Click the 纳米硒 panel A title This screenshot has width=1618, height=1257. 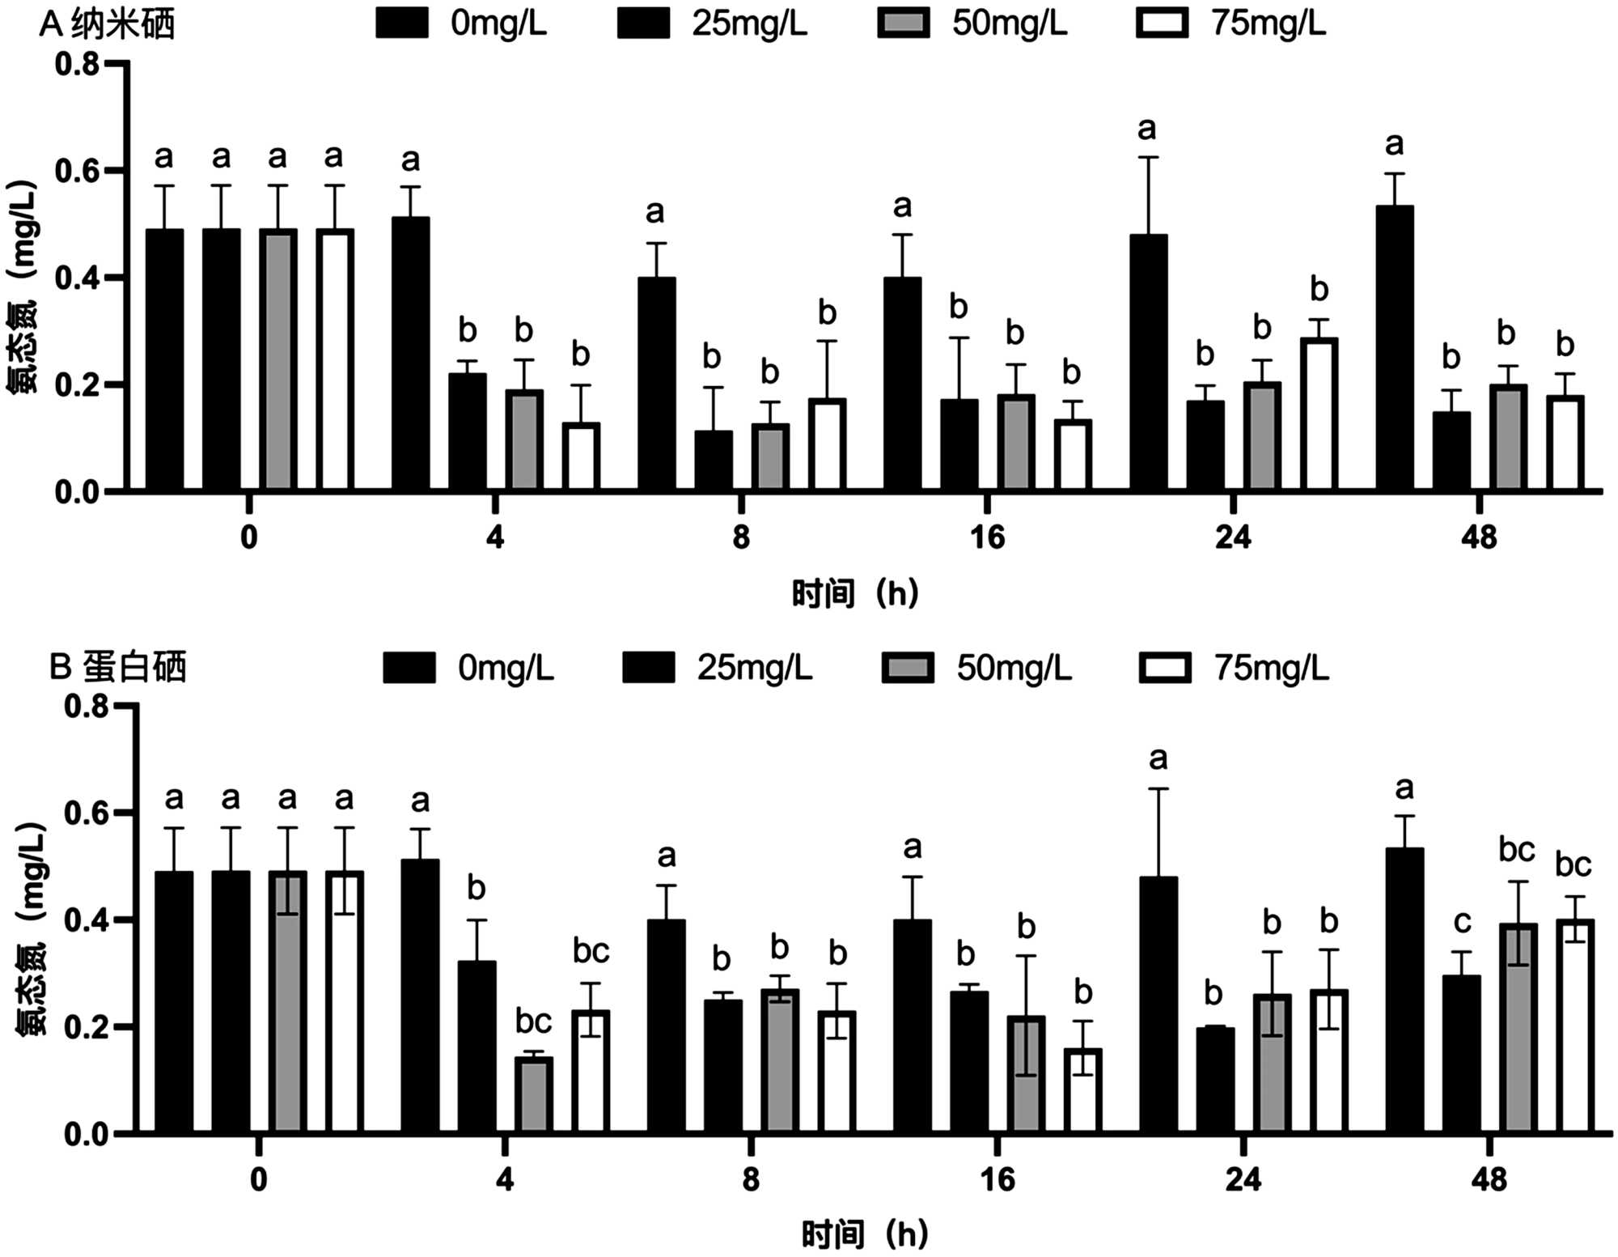(107, 25)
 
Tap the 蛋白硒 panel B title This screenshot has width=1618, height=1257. (118, 668)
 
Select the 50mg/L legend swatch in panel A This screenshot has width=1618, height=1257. (904, 23)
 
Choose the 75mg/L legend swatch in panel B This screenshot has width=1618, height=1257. (1164, 669)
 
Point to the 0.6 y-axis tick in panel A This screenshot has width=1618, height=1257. (77, 172)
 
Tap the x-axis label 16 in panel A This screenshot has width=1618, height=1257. (987, 537)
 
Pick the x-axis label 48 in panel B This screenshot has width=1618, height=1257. (1489, 1180)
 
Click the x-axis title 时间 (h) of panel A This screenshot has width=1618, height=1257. (854, 594)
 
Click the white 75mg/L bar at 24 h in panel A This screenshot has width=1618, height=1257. (1319, 414)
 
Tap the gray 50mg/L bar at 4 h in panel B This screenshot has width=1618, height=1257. (533, 1094)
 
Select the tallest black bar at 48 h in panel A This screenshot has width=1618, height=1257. (1395, 348)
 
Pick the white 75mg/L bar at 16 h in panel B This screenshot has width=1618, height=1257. (1082, 1091)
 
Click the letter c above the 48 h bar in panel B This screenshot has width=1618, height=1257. (1462, 923)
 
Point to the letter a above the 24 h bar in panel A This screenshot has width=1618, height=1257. (1146, 130)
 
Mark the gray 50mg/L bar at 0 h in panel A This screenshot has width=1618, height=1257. (277, 360)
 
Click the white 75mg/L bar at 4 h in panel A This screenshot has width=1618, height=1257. (581, 457)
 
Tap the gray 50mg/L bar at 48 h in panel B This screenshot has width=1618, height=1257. (1518, 1028)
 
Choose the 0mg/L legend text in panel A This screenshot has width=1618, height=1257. (498, 23)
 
